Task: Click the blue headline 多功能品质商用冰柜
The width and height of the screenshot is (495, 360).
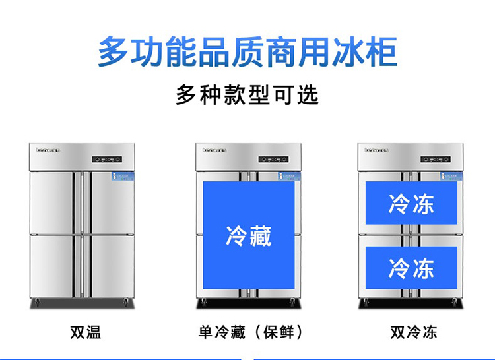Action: click(x=247, y=53)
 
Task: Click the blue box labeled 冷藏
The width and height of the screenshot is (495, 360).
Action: click(x=249, y=235)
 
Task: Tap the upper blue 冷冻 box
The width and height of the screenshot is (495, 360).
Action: click(x=411, y=203)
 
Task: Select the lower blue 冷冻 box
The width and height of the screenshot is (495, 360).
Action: click(x=411, y=268)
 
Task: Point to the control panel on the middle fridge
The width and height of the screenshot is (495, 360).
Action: click(x=273, y=159)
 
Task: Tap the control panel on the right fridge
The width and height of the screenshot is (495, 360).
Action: click(x=436, y=159)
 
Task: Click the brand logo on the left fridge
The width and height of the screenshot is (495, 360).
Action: click(x=48, y=150)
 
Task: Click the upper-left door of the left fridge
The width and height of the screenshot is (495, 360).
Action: click(x=52, y=202)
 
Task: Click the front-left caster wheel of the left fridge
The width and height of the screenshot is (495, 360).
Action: click(x=36, y=302)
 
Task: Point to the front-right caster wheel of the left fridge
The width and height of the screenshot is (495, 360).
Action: click(x=126, y=302)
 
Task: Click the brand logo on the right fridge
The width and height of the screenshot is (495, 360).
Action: click(x=377, y=150)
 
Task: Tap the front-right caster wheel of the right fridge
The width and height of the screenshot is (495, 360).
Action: click(x=454, y=302)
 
